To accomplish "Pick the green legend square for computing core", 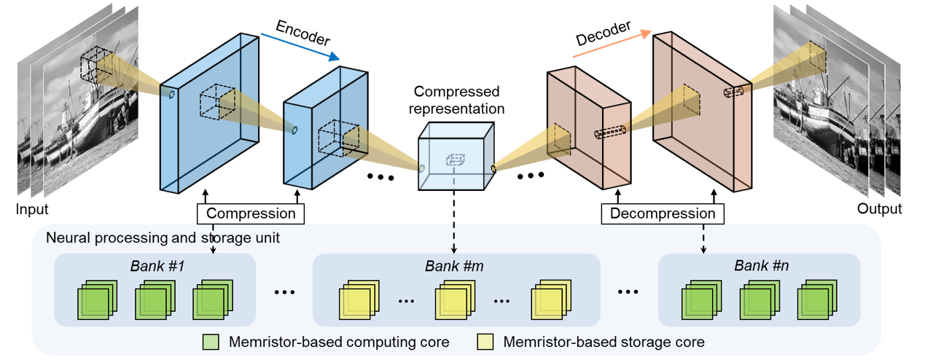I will point(211,342).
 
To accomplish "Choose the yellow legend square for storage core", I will point(485,342).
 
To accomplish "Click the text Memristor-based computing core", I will point(338,342).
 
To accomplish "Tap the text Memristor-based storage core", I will point(604,342).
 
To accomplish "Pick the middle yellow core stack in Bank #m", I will point(454,301).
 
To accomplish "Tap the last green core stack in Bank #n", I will point(815,301).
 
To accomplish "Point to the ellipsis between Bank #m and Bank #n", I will point(630,292).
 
